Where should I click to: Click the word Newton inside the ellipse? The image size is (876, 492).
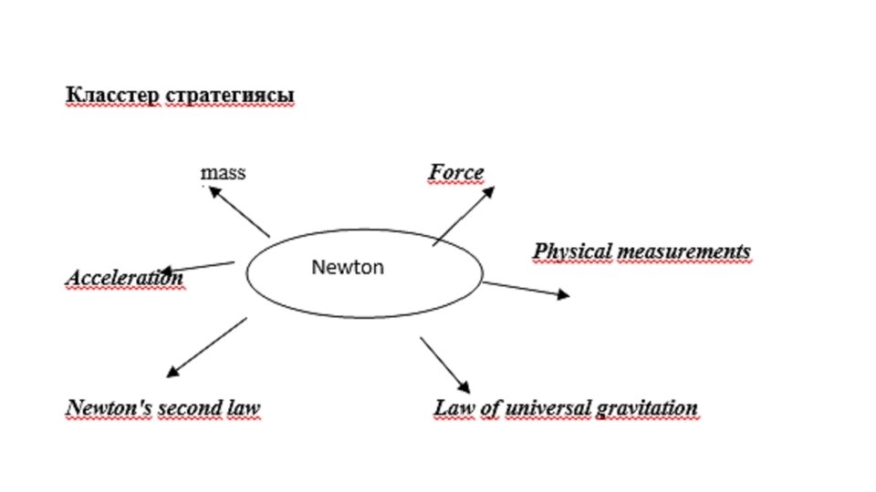348,267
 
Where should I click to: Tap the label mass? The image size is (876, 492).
224,172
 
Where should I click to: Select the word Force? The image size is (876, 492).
456,172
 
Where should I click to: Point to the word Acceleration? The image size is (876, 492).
124,277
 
